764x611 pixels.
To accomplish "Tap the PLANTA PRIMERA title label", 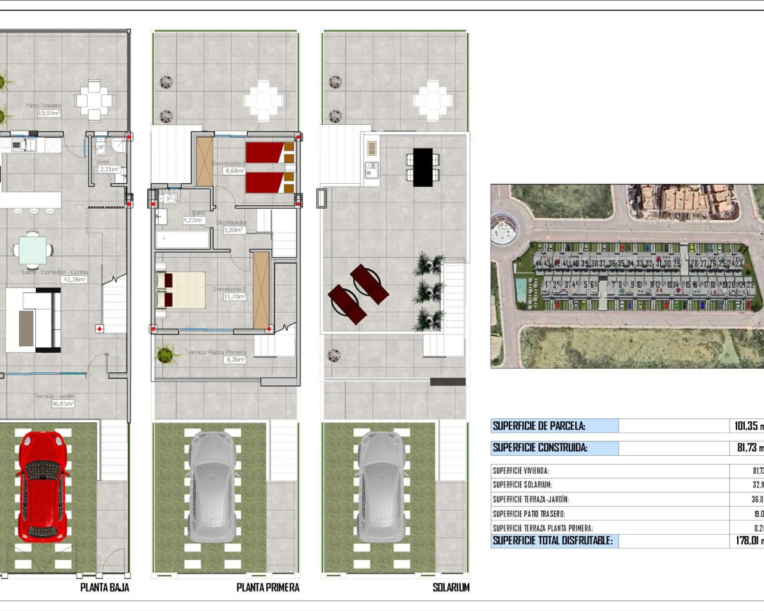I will coord(267,588).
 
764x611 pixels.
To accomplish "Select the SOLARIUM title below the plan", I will coord(451,588).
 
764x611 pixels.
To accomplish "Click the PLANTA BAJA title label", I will coord(104,588).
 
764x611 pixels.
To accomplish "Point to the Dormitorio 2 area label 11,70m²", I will coord(235,297).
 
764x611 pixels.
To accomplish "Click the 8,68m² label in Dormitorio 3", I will coord(235,171).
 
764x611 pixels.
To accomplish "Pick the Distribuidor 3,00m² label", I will coord(233,230).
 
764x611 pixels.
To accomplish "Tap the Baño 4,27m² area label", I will coord(193,220).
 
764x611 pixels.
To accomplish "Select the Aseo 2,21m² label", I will coord(109,169).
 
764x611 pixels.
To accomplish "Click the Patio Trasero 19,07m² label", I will coord(49,113).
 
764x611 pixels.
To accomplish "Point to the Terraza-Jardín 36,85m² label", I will coord(63,404).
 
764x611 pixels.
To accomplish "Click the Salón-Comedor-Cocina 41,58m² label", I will coord(75,279).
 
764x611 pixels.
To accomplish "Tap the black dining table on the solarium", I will coord(423,167).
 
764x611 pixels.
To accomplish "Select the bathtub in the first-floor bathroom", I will coord(183,240).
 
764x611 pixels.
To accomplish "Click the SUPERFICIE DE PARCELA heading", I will coord(539,426).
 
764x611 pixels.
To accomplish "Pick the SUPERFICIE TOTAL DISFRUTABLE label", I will coord(552,541).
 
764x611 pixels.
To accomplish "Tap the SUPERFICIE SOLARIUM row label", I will coord(522,485).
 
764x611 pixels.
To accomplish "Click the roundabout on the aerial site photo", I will coord(503,229).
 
